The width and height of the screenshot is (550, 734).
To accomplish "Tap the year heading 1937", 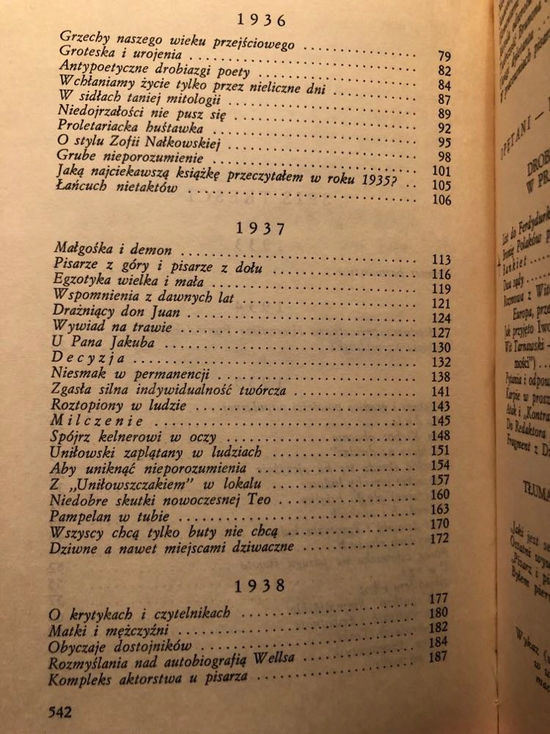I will [x=263, y=228].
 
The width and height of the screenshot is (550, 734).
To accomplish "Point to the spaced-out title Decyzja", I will [x=80, y=359].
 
